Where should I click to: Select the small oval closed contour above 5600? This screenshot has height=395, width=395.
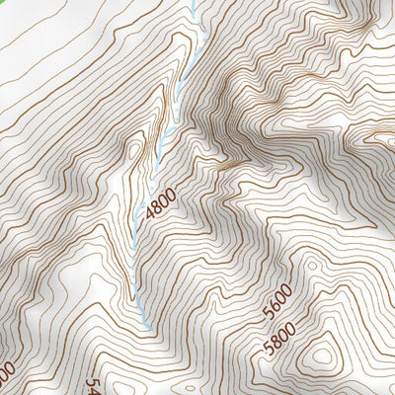pos(312,266)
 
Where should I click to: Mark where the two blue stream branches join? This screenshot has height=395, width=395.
pos(164,133)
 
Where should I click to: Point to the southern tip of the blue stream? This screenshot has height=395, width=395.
pos(146,325)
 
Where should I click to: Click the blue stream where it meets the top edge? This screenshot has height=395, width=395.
pos(194,3)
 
